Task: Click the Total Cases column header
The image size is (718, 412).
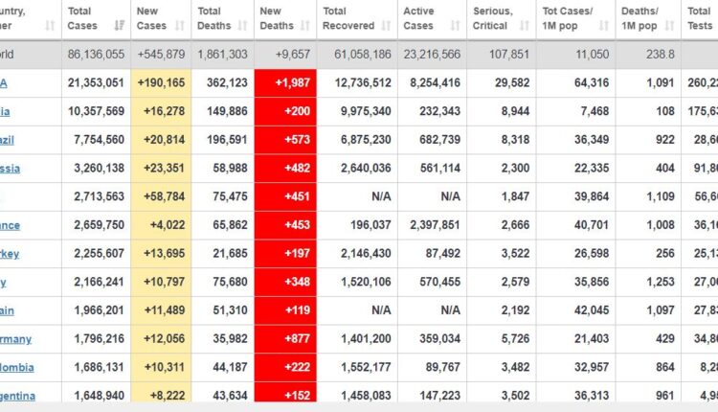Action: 83,17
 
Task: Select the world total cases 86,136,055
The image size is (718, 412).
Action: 95,56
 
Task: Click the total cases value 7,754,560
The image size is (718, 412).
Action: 95,140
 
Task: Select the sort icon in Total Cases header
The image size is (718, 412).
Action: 119,25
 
